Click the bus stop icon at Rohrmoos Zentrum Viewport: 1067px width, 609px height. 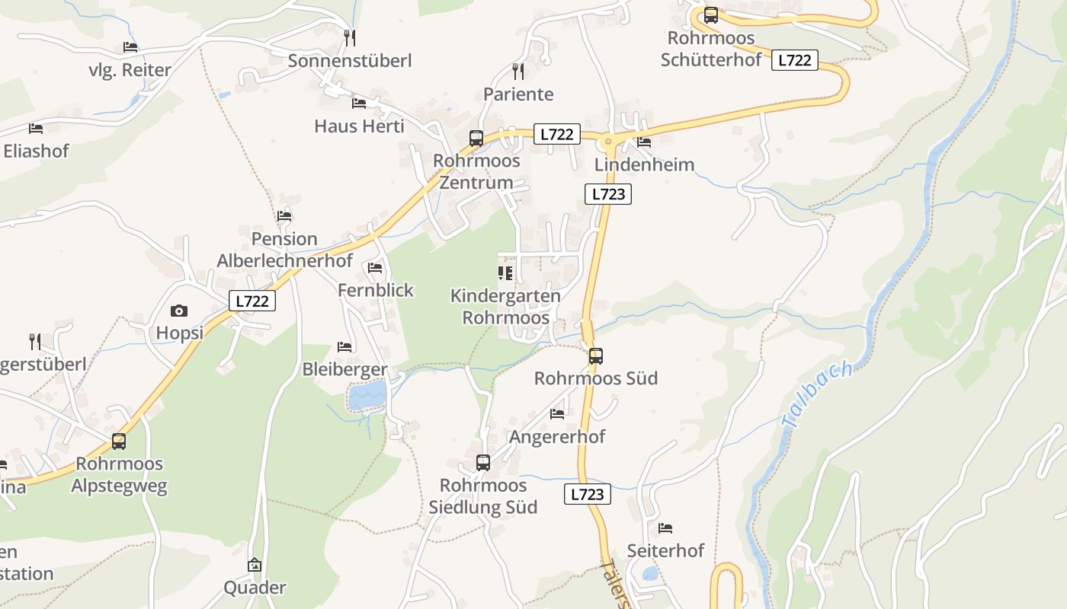tap(476, 139)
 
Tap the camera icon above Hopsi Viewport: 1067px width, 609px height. tap(179, 311)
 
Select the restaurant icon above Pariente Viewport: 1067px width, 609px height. tap(518, 72)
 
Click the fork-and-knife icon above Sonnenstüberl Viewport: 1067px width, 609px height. tap(350, 37)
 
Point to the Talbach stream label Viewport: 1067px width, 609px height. tap(816, 394)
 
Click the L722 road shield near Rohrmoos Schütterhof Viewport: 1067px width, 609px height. tap(794, 60)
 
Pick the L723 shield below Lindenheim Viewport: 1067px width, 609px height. tap(608, 194)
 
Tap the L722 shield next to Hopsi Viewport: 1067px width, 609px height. tap(252, 301)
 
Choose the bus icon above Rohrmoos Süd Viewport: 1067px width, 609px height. tap(596, 356)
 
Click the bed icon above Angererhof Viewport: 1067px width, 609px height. tap(557, 414)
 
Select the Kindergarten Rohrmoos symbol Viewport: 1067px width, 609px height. tap(505, 273)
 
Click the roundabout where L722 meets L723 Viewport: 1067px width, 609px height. tap(608, 141)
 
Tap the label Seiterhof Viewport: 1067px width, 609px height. tap(665, 550)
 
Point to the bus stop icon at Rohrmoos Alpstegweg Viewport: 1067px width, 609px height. tap(119, 442)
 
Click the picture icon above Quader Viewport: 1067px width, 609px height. tap(255, 565)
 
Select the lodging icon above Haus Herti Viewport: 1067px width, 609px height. tap(359, 103)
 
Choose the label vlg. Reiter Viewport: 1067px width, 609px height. tap(130, 70)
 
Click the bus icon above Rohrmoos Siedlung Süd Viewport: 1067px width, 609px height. tap(483, 463)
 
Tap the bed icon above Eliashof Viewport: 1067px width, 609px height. tap(36, 129)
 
